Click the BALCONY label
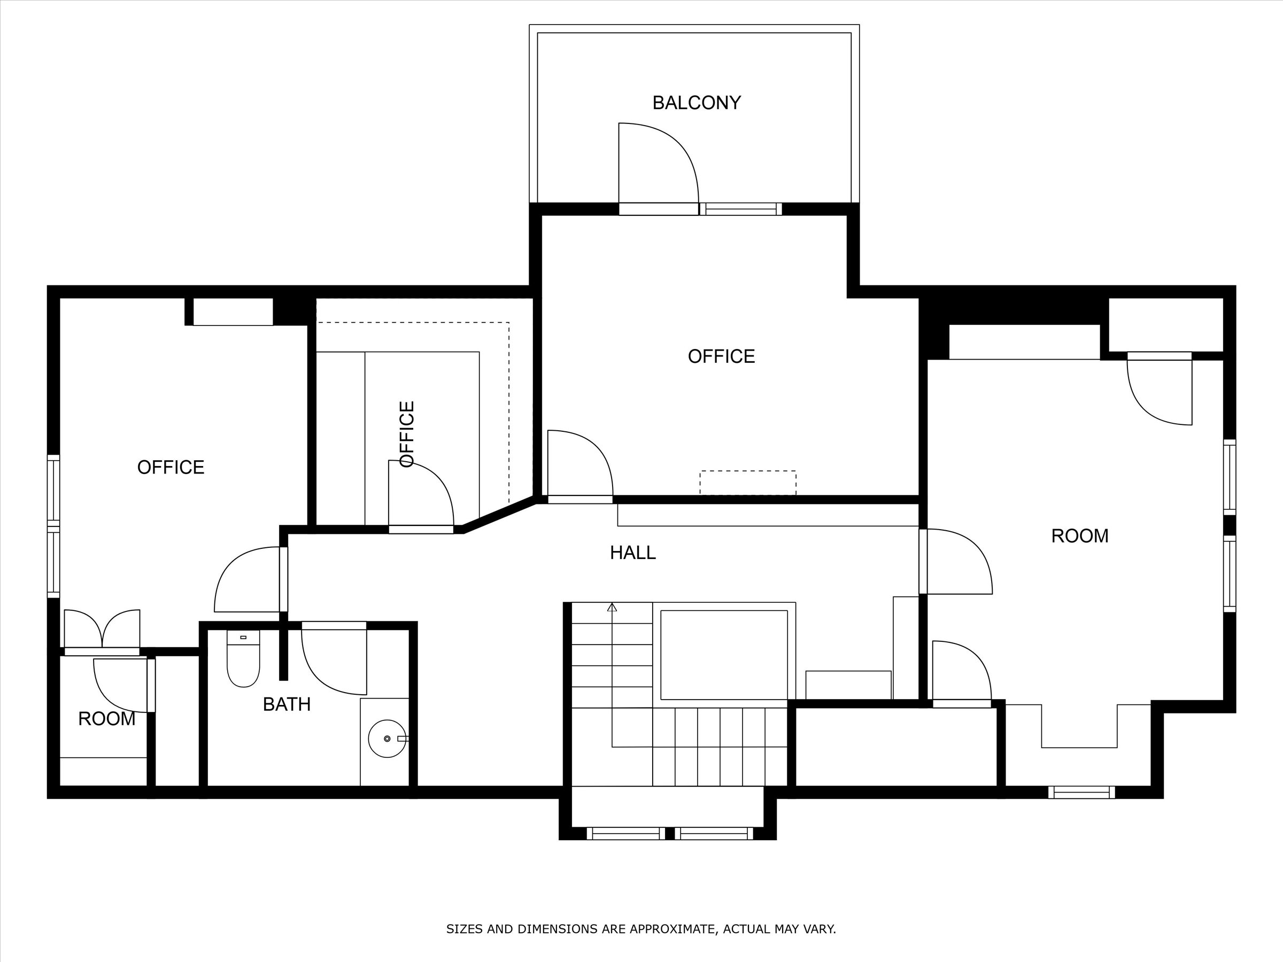tap(696, 103)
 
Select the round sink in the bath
tap(387, 739)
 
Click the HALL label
tap(632, 553)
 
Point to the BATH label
tap(287, 704)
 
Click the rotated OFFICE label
tap(407, 434)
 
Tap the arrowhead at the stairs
tap(612, 607)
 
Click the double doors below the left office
tap(102, 630)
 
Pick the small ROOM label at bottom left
tap(107, 719)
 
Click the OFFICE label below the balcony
tap(721, 356)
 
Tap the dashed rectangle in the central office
tap(748, 483)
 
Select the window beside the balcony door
tap(741, 209)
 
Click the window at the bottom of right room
tap(1081, 792)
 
